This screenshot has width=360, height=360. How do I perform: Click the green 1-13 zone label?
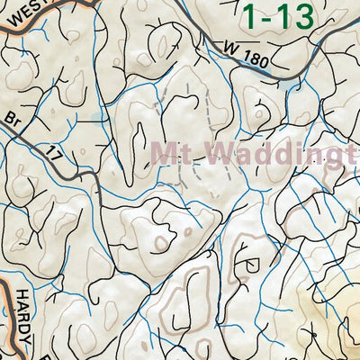pyautogui.click(x=279, y=16)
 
